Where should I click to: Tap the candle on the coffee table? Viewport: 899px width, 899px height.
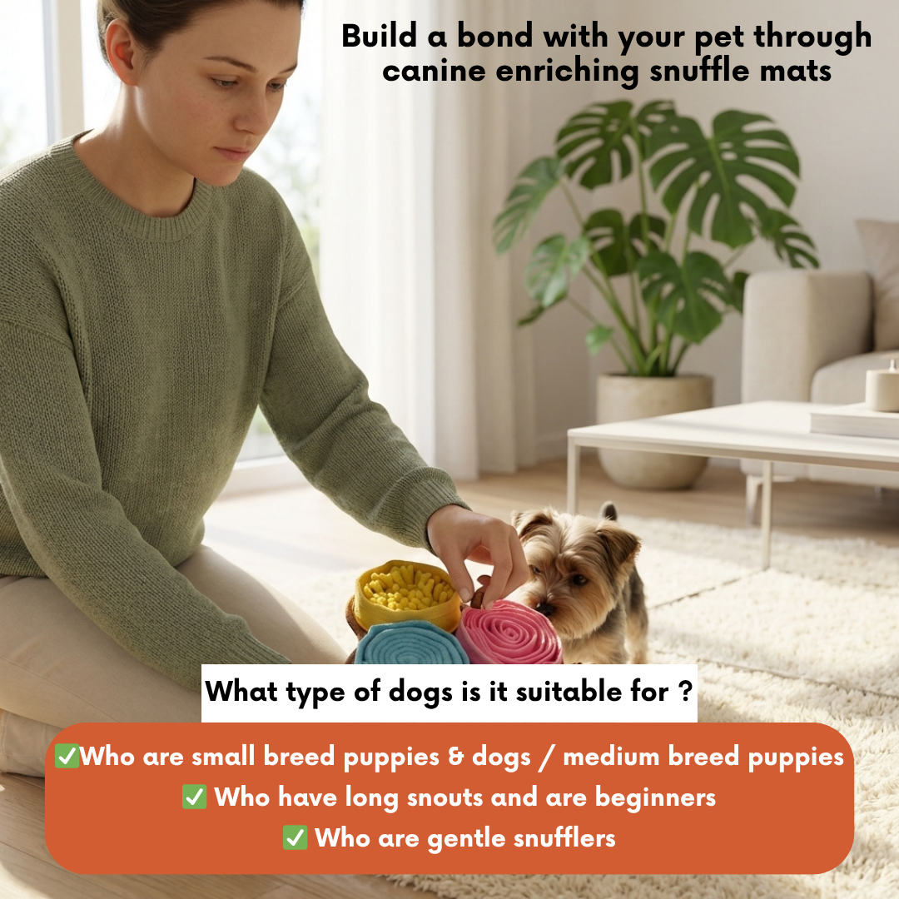pos(883,388)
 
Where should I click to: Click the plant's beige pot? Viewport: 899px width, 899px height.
pos(653,430)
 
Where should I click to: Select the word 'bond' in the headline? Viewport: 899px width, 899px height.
pos(494,36)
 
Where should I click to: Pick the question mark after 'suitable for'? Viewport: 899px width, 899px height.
pos(685,692)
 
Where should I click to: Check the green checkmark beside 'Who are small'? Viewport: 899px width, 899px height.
pos(67,756)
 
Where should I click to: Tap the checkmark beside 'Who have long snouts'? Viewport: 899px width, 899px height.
pos(194,797)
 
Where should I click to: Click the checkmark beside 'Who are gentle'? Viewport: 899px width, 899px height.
pos(296,837)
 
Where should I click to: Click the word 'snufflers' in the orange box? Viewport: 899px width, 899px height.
pos(564,838)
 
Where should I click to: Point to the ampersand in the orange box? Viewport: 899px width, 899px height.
pos(456,757)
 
